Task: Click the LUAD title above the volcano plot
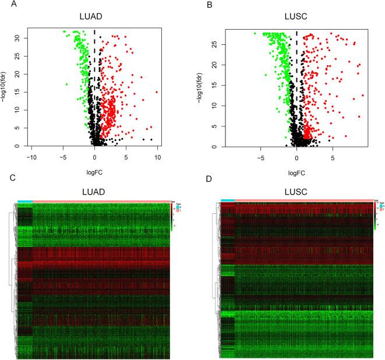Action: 94,17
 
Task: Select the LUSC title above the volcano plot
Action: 297,17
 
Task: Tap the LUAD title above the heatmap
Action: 94,189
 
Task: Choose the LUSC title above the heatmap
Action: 297,189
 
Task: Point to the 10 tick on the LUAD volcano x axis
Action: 157,157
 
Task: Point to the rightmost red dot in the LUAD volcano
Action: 157,92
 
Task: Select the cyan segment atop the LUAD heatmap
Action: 25,202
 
